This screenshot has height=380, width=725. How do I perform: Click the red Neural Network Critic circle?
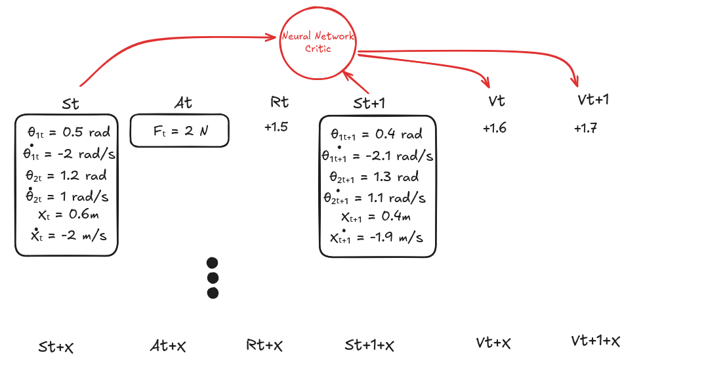(318, 44)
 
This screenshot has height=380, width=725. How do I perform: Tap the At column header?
(183, 102)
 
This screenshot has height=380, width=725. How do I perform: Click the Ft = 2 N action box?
(180, 131)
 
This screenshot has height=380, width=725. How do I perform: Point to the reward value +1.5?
(276, 127)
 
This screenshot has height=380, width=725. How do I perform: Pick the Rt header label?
(280, 102)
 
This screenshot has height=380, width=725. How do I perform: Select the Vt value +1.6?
(494, 128)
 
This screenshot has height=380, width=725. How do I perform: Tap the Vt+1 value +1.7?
(585, 128)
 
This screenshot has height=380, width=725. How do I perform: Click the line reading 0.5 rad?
(68, 132)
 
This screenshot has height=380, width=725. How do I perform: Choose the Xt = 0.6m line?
(68, 215)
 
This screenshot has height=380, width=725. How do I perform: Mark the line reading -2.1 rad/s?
(377, 156)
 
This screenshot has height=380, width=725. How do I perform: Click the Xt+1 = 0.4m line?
(376, 218)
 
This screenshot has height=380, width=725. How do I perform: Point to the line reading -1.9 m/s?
(377, 238)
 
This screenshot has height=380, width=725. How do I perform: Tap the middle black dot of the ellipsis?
(212, 278)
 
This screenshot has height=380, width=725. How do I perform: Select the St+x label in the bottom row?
(56, 347)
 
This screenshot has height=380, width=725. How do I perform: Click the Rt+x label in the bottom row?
(264, 345)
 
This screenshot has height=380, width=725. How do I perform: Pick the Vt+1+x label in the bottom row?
(595, 341)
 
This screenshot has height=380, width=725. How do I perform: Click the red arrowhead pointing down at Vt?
(486, 83)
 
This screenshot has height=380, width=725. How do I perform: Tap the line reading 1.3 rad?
(374, 177)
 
